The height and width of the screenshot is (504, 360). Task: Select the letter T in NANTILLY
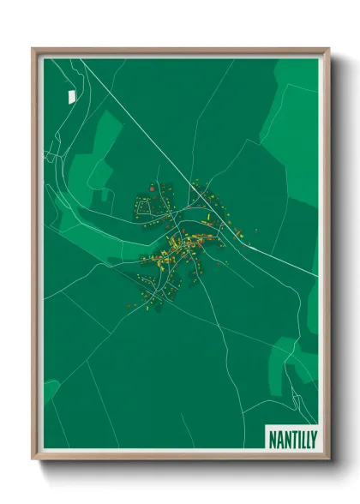pyautogui.click(x=290, y=437)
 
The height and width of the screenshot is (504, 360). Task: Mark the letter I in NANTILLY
pyautogui.click(x=296, y=437)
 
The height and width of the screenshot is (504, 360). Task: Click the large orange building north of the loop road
pyautogui.click(x=152, y=188)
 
